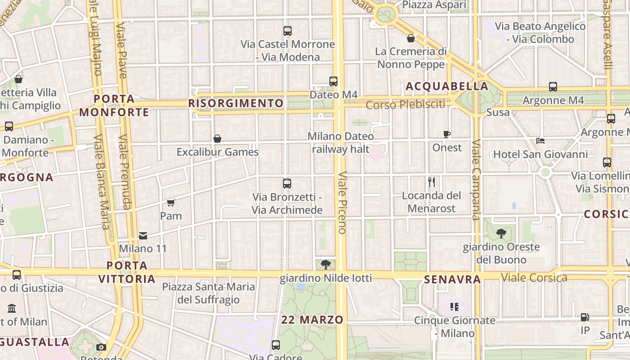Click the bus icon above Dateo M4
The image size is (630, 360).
click(x=333, y=81)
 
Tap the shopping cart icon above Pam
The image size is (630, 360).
click(x=171, y=202)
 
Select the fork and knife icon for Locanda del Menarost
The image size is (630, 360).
click(x=432, y=182)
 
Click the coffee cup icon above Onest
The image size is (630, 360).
click(x=446, y=134)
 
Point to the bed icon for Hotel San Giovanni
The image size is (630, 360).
click(x=540, y=141)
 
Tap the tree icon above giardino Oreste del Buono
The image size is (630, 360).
click(x=501, y=234)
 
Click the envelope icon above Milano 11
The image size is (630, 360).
click(x=143, y=235)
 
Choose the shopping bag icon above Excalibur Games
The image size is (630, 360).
click(x=217, y=139)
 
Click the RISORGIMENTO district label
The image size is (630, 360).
click(x=236, y=103)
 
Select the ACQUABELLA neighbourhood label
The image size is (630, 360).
click(x=447, y=86)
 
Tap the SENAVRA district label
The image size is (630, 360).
click(x=452, y=279)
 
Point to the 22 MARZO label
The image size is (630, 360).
click(x=312, y=320)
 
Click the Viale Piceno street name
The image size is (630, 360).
click(x=342, y=202)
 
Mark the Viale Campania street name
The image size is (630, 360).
click(x=476, y=180)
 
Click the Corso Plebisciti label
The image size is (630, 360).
click(x=405, y=105)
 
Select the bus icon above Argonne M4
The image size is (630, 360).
click(x=553, y=87)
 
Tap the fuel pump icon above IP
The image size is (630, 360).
click(x=585, y=317)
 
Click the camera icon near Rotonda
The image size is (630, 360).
click(x=101, y=347)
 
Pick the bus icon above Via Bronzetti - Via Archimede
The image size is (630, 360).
click(x=287, y=184)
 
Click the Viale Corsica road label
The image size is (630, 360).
click(x=534, y=277)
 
